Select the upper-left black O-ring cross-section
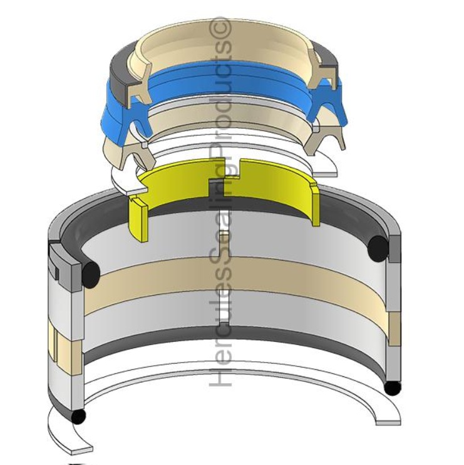[x=90, y=271]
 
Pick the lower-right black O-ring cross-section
[x=392, y=388]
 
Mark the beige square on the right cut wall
[x=394, y=322]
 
